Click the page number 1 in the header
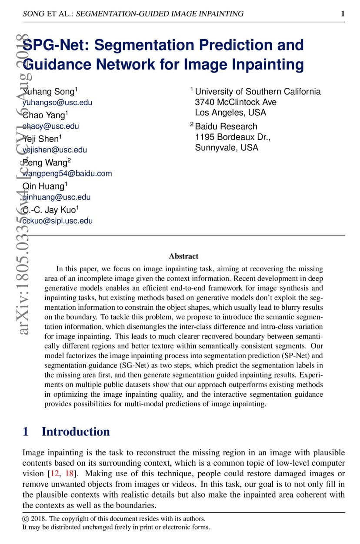343,14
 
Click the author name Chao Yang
44,115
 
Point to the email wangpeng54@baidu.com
67,173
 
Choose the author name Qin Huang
43,186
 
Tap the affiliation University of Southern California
257,91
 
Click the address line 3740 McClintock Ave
236,102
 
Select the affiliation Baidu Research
226,126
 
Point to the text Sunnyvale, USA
227,147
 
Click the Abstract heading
183,256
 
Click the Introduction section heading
75,431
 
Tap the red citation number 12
55,474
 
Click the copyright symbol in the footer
25,519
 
